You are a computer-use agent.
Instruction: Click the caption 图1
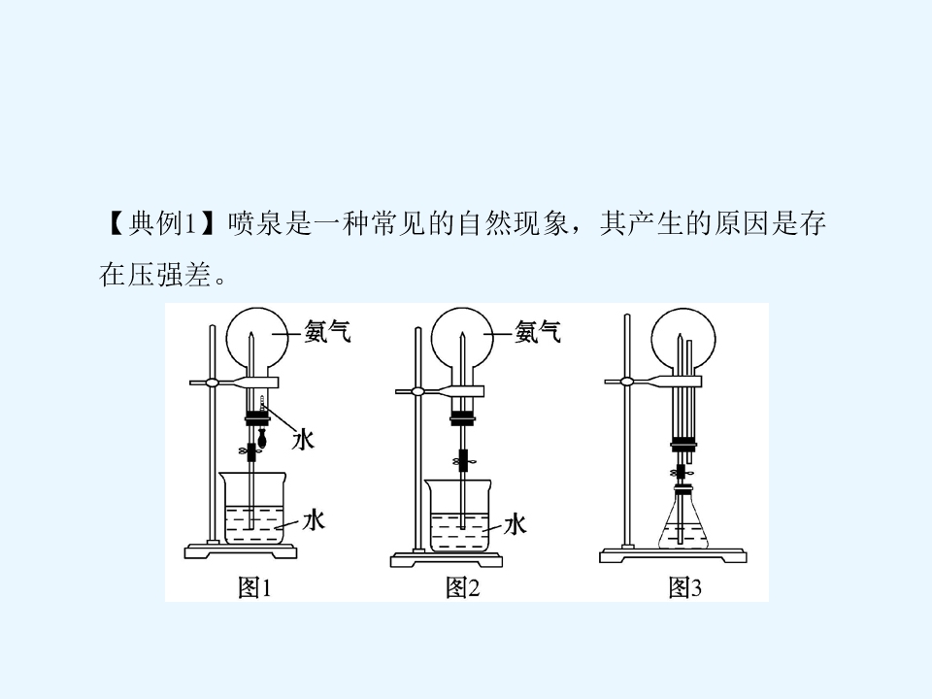(x=254, y=587)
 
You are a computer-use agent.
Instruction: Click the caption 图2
(x=462, y=587)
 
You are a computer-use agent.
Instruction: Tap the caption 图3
(x=684, y=587)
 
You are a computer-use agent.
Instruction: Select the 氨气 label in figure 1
(x=327, y=331)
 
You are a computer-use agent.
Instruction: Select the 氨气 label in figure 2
(x=538, y=331)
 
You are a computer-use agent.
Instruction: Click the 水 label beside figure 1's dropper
(x=303, y=440)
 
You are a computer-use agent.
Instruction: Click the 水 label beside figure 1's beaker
(x=314, y=519)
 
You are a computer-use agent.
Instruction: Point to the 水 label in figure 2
(x=515, y=525)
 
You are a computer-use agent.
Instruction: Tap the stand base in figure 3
(x=673, y=555)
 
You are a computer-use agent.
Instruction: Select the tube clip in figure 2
(x=464, y=460)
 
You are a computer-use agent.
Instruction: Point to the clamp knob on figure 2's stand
(x=417, y=391)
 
